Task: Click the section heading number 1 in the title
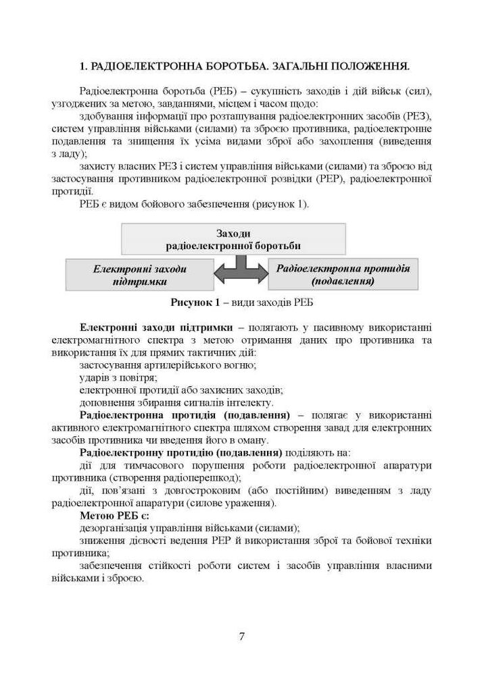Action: pos(82,66)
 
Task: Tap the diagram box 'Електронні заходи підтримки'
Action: pos(140,275)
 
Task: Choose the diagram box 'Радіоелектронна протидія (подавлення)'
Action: pos(343,273)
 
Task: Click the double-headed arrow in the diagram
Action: pos(241,271)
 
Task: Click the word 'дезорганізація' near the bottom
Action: pos(112,527)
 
